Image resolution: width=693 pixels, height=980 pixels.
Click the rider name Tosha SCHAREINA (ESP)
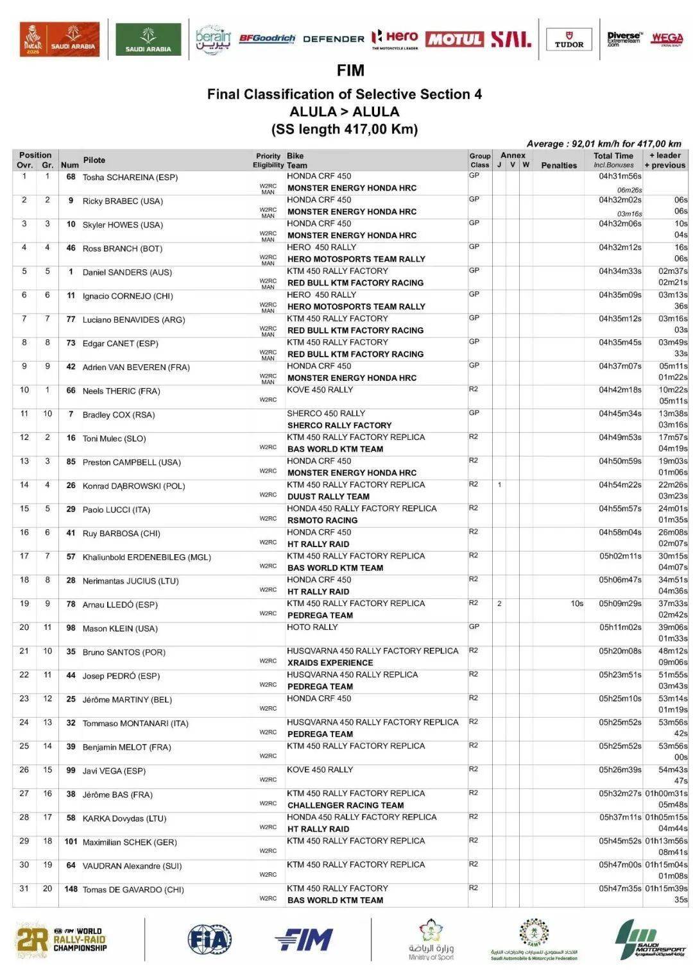(x=130, y=178)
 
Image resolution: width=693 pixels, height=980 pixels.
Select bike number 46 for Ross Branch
(x=71, y=248)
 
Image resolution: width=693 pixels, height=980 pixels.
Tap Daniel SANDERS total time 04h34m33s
(x=620, y=271)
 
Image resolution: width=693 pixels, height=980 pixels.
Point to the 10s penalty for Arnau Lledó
(x=577, y=604)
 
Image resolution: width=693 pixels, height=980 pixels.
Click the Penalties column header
(x=559, y=165)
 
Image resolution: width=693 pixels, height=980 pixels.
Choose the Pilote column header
(x=94, y=160)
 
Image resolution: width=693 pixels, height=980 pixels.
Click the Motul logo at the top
(x=454, y=39)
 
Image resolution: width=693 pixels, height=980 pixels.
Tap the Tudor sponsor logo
(x=569, y=40)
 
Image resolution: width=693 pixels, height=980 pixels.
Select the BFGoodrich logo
(x=267, y=38)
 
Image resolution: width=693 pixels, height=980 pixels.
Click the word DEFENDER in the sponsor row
(x=334, y=39)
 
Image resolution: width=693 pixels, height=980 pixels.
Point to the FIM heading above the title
(x=350, y=71)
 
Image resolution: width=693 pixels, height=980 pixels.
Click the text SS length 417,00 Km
(x=345, y=129)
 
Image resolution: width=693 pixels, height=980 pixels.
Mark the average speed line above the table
(x=604, y=144)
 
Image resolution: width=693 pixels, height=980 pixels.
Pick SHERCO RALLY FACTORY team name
(x=339, y=425)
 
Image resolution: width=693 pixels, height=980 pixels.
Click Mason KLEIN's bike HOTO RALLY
(x=312, y=627)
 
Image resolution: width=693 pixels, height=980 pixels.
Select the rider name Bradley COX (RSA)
(x=119, y=415)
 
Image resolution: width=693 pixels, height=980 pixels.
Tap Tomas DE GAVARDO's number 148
(x=71, y=889)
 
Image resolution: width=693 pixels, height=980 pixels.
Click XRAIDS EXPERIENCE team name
(x=330, y=663)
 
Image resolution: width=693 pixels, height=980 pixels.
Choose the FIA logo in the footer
(x=209, y=940)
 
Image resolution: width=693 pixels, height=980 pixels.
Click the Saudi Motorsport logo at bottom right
(x=650, y=940)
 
